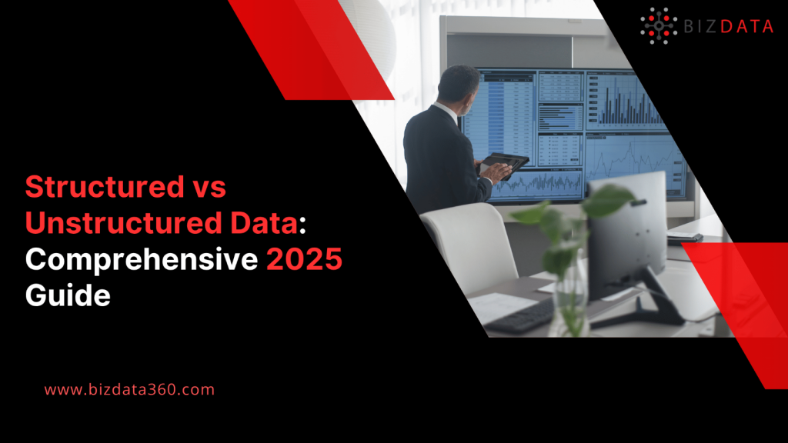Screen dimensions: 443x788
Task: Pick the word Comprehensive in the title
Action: pos(141,261)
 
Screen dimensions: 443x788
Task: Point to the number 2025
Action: pos(305,261)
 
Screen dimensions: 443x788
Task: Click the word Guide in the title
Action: pos(68,296)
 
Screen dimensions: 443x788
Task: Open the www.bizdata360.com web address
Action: pos(129,390)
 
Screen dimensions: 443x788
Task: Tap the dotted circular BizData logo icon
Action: pos(659,25)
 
